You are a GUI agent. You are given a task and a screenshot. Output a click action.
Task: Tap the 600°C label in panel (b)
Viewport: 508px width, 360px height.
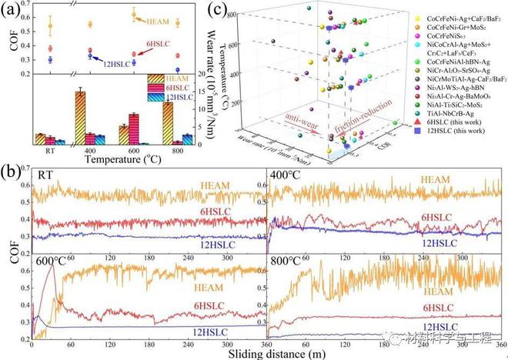tap(49, 262)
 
